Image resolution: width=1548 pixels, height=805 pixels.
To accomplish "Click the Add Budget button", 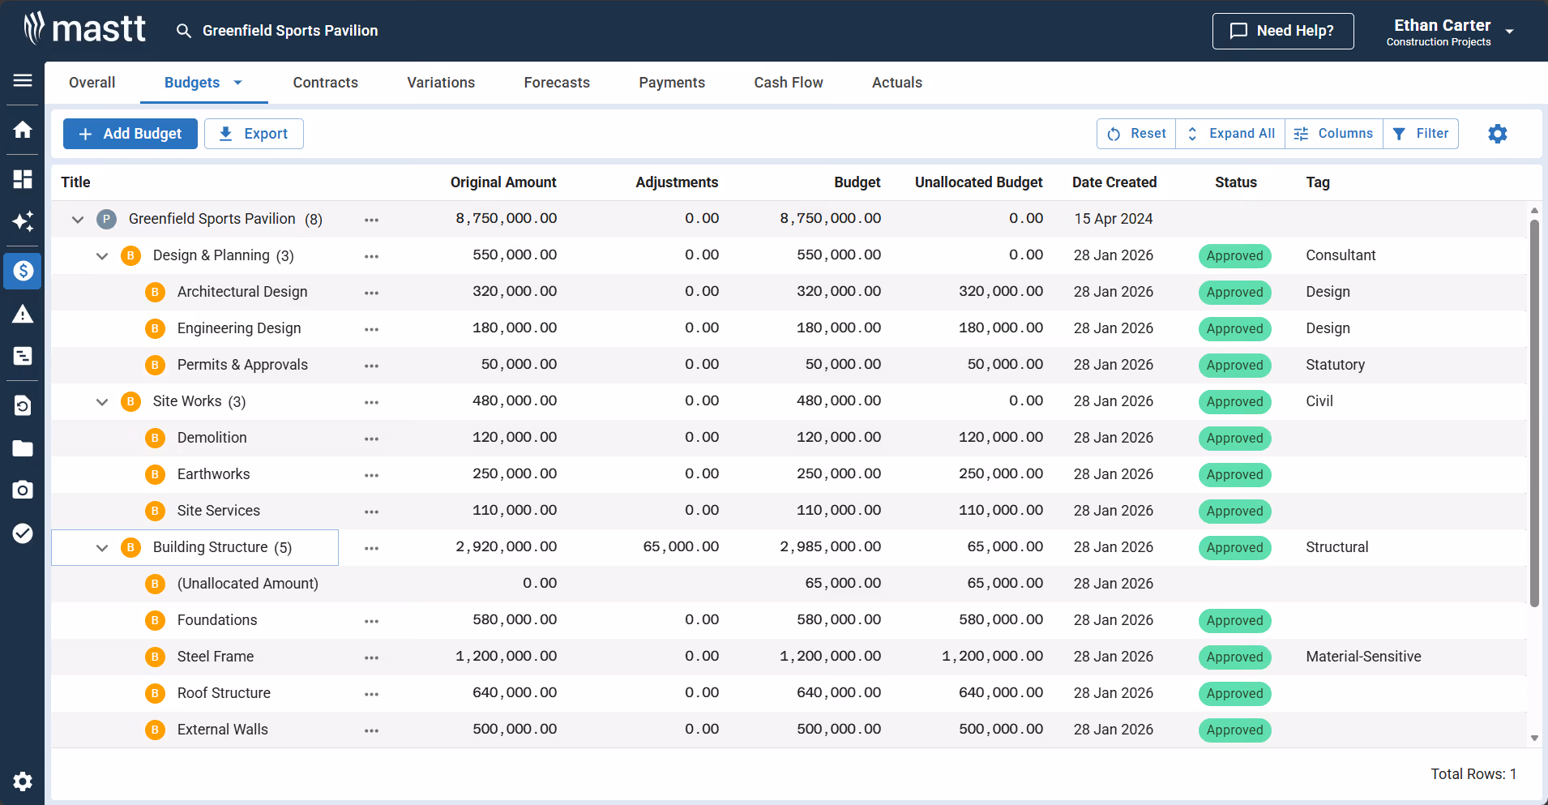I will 130,134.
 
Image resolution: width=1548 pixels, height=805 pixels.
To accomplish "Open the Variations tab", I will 441,83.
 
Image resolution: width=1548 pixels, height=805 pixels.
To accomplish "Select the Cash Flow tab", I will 788,83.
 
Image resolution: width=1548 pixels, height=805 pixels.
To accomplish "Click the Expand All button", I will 1230,134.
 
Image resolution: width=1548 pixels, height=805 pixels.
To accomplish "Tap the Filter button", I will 1421,134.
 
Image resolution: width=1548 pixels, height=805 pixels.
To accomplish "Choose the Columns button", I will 1333,134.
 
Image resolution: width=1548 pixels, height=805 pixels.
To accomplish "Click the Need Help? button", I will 1282,31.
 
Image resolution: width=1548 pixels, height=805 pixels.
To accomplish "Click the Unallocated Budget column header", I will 978,182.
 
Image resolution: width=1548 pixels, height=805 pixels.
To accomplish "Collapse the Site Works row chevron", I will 102,402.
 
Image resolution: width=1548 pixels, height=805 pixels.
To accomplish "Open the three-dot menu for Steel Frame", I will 371,657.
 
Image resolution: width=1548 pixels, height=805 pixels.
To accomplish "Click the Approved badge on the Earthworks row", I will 1234,475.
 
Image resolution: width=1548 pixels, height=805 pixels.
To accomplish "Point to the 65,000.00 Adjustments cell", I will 681,547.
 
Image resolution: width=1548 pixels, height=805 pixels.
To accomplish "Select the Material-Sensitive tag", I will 1363,657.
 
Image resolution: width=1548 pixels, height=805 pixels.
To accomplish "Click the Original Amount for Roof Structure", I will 515,693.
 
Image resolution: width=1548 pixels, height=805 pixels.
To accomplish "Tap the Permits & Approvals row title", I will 242,365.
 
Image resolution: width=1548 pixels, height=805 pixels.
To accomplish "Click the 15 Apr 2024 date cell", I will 1113,219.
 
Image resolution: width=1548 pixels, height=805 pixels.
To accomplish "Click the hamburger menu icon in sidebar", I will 23,80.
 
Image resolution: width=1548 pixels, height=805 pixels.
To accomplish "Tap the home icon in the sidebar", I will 23,130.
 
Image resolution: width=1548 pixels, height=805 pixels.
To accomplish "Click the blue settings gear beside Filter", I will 1497,134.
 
